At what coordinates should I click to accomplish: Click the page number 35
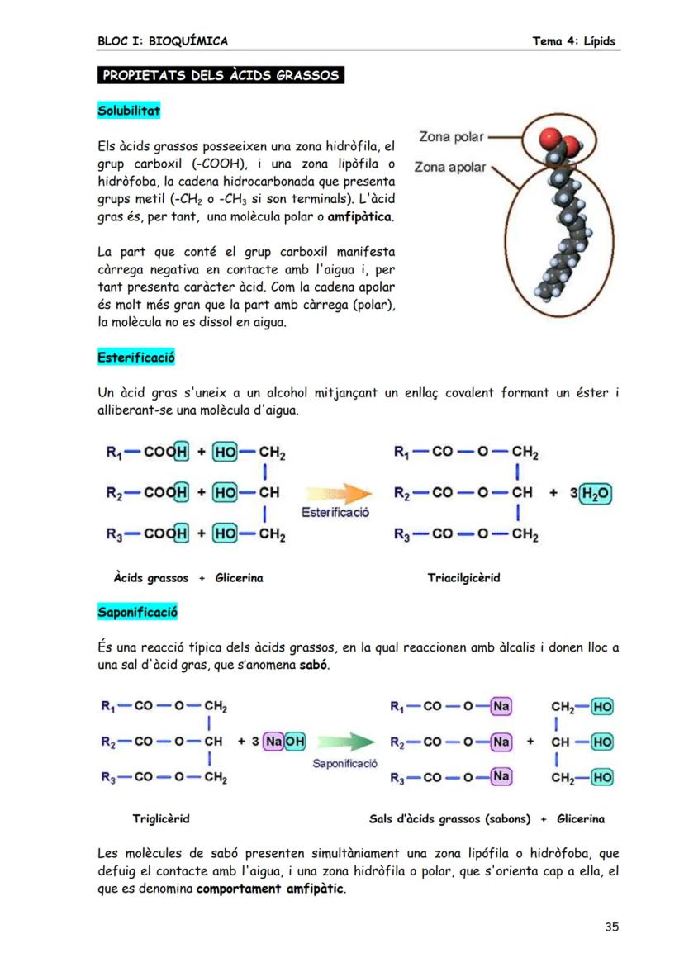pyautogui.click(x=610, y=927)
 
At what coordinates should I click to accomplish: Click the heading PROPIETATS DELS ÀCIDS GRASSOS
pyautogui.click(x=220, y=76)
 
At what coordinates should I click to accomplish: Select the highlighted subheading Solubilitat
pyautogui.click(x=129, y=110)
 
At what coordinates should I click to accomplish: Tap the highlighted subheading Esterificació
pyautogui.click(x=135, y=358)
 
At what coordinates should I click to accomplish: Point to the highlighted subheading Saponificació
pyautogui.click(x=137, y=613)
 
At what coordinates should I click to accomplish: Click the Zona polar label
pyautogui.click(x=451, y=136)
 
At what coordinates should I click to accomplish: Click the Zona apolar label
pyautogui.click(x=450, y=167)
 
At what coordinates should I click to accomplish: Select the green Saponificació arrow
pyautogui.click(x=344, y=741)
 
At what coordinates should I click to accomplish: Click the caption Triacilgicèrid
pyautogui.click(x=463, y=578)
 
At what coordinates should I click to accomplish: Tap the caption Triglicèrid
pyautogui.click(x=161, y=819)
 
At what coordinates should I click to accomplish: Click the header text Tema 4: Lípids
pyautogui.click(x=574, y=41)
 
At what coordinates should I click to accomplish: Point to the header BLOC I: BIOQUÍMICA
pyautogui.click(x=162, y=41)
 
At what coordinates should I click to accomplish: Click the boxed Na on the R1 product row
pyautogui.click(x=501, y=706)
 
